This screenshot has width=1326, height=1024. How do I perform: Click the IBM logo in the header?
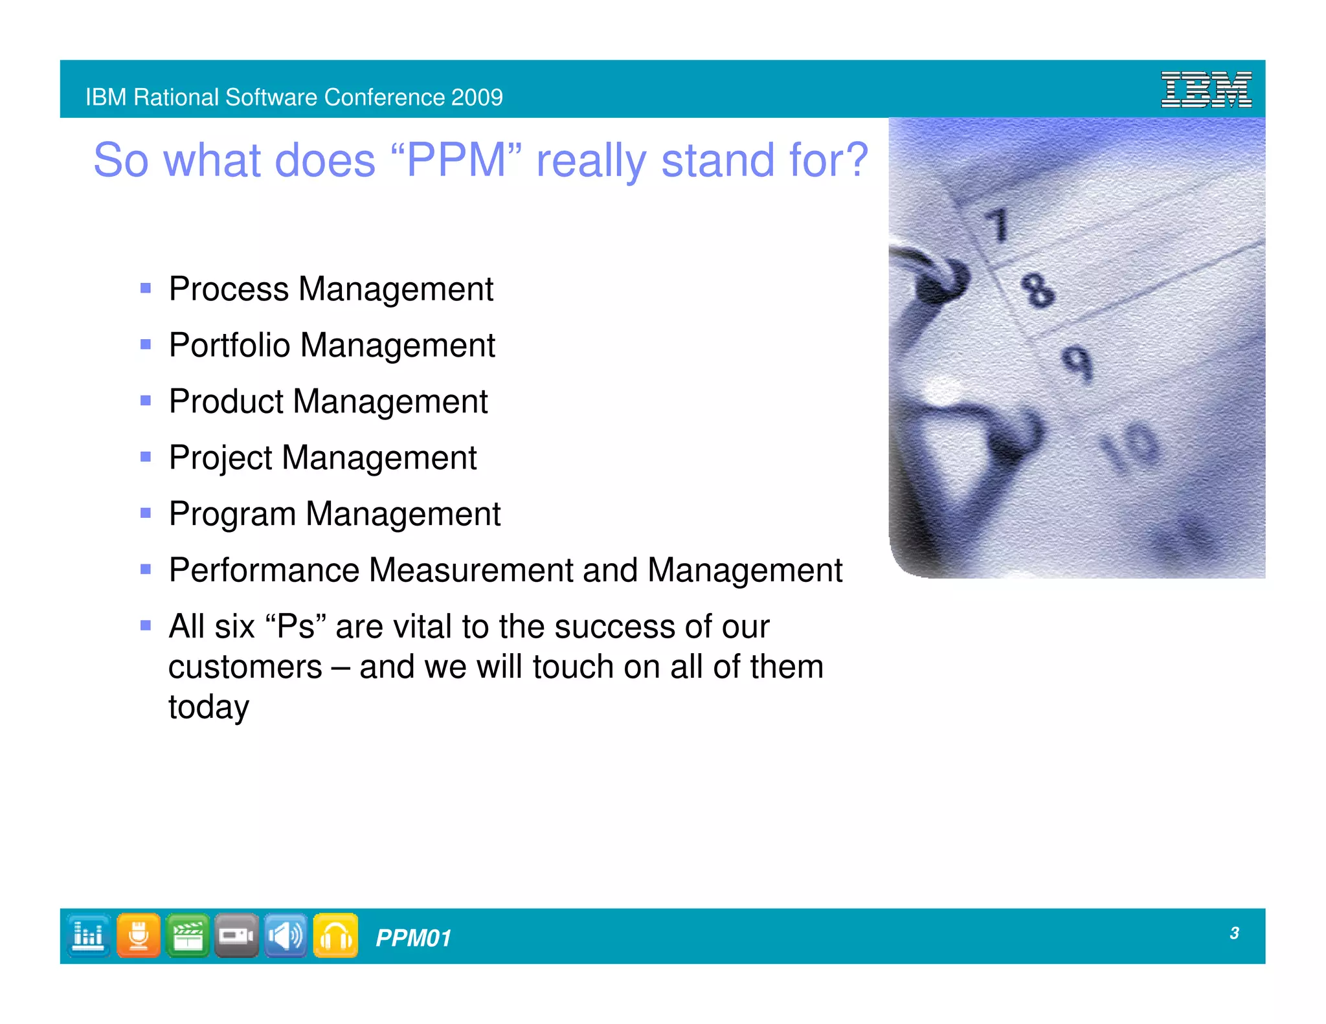tap(1206, 89)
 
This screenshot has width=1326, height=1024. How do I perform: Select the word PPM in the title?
tap(456, 160)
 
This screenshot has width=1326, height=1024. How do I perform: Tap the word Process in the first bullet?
tap(229, 289)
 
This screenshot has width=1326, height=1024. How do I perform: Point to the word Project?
tap(221, 458)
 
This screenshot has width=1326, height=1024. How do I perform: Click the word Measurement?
tap(471, 570)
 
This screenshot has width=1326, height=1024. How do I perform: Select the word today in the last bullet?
tap(208, 707)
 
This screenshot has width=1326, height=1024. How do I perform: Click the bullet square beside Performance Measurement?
tap(146, 570)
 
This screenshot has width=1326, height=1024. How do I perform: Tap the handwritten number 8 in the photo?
tap(1037, 289)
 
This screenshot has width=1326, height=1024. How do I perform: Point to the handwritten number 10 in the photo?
tap(1130, 447)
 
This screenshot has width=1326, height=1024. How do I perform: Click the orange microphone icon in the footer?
tap(138, 935)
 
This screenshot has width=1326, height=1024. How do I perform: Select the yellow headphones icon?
tap(335, 935)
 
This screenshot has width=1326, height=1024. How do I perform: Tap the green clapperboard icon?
tap(187, 935)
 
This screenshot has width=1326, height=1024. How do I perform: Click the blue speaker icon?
tap(286, 935)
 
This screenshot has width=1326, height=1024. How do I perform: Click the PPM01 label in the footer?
tap(413, 938)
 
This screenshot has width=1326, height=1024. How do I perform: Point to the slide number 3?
tap(1234, 933)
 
